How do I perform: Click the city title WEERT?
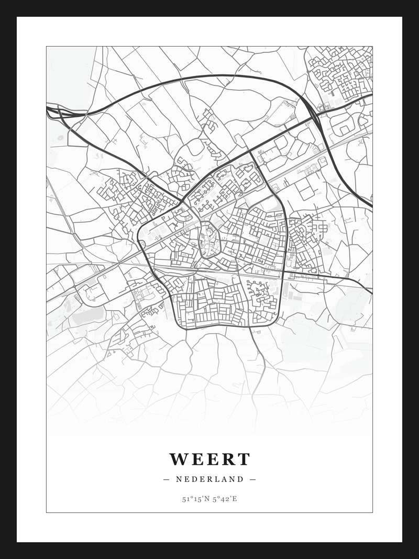210,459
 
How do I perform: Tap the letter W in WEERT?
178,459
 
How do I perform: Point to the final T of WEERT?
244,459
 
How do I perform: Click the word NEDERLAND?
210,479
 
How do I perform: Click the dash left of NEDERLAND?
167,479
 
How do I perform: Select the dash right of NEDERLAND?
252,479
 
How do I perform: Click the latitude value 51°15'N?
195,499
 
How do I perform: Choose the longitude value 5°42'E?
225,499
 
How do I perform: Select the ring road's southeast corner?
278,317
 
